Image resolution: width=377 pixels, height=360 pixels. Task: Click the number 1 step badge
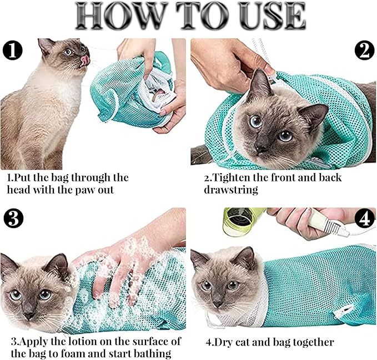click(x=13, y=51)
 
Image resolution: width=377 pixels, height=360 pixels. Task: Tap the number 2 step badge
click(x=364, y=51)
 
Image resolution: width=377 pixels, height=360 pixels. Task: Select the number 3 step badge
click(x=13, y=220)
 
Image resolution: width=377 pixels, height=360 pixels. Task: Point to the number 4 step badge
click(x=364, y=220)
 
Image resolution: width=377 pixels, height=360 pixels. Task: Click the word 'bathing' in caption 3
click(x=152, y=353)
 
